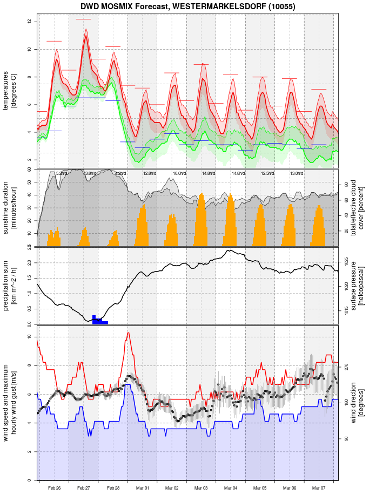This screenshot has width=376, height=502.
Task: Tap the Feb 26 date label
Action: pyautogui.click(x=54, y=488)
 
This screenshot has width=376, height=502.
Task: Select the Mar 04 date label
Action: pyautogui.click(x=231, y=488)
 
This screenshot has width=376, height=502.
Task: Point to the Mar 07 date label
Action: pyautogui.click(x=319, y=488)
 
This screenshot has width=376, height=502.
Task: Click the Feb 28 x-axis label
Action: pyautogui.click(x=113, y=488)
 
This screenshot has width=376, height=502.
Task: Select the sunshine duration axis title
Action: pyautogui.click(x=10, y=208)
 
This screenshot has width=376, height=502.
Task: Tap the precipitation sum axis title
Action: pyautogui.click(x=10, y=284)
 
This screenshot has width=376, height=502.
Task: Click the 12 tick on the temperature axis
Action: pyautogui.click(x=30, y=22)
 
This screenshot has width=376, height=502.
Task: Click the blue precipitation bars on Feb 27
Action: pyautogui.click(x=99, y=320)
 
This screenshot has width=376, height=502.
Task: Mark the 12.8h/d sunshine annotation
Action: pyautogui.click(x=150, y=173)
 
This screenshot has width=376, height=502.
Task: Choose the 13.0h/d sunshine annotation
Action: pyautogui.click(x=297, y=173)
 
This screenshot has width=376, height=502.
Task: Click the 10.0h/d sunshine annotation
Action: pyautogui.click(x=179, y=173)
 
